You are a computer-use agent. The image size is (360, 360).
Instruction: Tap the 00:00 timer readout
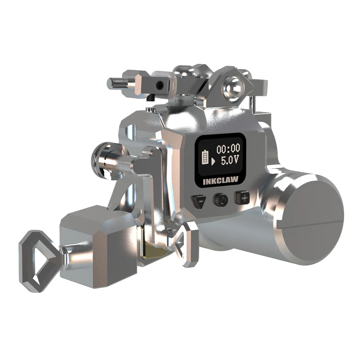pos(228,149)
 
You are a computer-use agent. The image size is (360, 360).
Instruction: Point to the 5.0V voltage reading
pos(230,160)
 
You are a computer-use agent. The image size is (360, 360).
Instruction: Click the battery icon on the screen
pos(205,157)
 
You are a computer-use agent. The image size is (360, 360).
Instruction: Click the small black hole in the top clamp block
pos(159,86)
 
